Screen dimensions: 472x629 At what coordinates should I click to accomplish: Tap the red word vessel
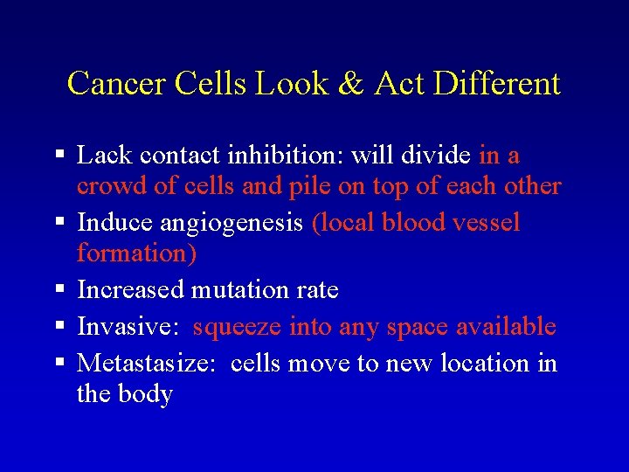click(486, 223)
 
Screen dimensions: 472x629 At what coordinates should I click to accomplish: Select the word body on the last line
click(148, 394)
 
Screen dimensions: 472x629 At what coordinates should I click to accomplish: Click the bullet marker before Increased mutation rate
click(59, 289)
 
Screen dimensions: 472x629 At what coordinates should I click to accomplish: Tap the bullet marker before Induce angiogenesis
click(59, 223)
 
